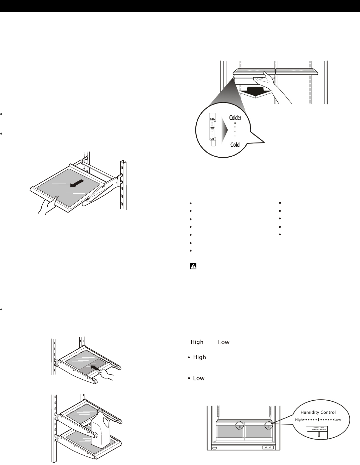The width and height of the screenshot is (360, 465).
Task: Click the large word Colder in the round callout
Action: point(235,118)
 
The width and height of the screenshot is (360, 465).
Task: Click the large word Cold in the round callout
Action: point(235,145)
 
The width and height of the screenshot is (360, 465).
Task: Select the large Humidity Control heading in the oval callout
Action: point(318,412)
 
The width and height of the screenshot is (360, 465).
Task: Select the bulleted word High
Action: point(199,357)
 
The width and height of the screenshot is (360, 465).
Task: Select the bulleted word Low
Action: point(199,378)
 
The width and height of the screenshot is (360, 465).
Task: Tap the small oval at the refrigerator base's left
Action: point(215,448)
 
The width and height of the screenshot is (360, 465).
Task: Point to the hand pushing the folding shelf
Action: point(106,374)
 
